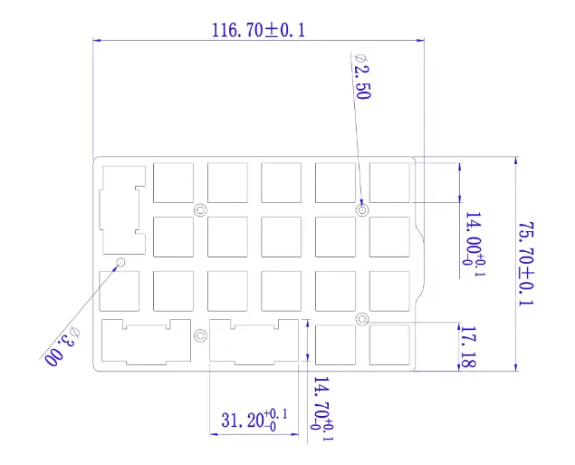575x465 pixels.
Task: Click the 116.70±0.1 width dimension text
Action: coord(258,29)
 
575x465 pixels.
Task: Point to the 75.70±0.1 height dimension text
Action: coord(525,264)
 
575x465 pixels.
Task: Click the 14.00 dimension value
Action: coord(473,237)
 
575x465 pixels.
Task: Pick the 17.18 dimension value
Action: coord(468,345)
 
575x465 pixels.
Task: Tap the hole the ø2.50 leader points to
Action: coord(362,210)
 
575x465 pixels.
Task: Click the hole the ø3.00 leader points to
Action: coord(120,263)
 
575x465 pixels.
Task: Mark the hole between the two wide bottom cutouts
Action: coord(200,335)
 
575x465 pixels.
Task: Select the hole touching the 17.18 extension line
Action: coord(361,318)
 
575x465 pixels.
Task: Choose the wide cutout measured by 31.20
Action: coord(254,342)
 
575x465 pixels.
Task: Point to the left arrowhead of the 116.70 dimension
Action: coord(98,40)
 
